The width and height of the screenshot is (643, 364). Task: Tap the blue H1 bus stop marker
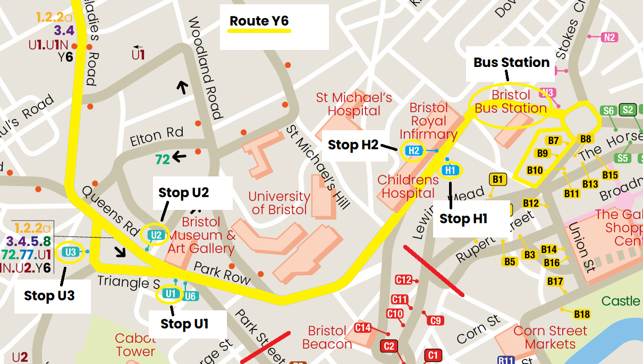click(450, 170)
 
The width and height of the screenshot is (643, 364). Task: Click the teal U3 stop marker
click(71, 252)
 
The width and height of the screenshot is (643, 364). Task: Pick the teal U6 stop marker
click(190, 295)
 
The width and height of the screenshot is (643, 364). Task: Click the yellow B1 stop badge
click(497, 180)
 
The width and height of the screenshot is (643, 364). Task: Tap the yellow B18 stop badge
click(582, 314)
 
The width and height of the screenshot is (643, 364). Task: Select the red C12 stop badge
click(404, 280)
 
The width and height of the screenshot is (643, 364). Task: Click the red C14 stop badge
click(363, 328)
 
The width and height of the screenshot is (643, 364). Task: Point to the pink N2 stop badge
click(610, 37)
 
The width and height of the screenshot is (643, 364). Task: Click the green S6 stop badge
click(609, 111)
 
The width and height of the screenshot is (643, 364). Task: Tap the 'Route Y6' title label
click(259, 21)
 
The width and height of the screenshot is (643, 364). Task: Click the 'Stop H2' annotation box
click(353, 145)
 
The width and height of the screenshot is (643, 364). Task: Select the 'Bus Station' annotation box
click(511, 63)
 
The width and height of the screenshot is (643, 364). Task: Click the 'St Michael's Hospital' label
click(354, 104)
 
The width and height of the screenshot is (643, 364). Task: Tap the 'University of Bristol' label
click(280, 203)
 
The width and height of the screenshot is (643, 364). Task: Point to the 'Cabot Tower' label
click(136, 345)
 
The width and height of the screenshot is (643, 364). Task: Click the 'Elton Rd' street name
click(157, 137)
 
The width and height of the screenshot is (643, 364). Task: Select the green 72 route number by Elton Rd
click(163, 158)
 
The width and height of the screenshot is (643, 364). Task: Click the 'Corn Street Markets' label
click(550, 337)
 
